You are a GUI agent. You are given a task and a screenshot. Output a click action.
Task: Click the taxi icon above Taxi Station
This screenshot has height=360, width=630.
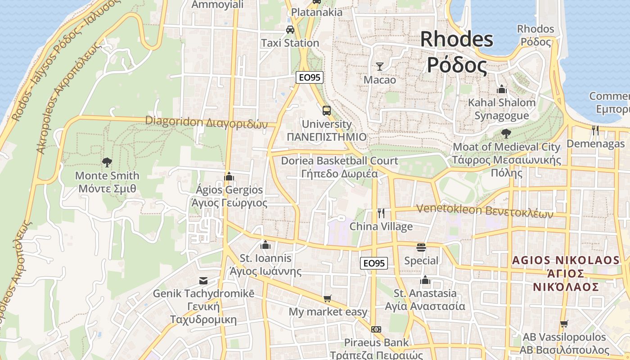[290, 30]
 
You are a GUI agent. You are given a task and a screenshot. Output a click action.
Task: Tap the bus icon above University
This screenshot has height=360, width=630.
[327, 110]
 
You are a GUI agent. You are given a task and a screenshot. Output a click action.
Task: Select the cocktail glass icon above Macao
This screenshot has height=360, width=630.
[380, 67]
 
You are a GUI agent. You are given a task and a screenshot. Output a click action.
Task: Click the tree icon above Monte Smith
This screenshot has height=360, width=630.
[107, 162]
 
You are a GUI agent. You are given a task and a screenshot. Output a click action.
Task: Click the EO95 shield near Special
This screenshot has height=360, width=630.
[374, 263]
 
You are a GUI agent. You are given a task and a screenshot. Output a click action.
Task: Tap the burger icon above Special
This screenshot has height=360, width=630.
[421, 247]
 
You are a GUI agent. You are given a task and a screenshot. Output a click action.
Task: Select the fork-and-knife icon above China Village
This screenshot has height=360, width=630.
[381, 213]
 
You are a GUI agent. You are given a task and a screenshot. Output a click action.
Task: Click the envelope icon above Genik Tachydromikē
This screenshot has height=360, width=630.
[203, 281]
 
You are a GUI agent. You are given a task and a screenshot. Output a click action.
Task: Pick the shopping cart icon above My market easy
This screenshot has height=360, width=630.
[327, 298]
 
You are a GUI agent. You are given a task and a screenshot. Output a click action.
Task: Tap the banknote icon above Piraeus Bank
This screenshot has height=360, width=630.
[376, 329]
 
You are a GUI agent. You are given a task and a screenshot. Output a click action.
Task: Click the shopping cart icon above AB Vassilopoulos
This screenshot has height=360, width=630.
[564, 324]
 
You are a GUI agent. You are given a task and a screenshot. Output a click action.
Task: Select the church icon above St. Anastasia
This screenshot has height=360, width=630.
[425, 280]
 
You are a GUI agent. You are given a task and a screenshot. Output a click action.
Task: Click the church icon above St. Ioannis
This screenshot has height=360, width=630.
[265, 245]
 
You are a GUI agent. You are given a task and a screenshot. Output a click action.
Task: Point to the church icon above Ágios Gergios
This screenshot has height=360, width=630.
[229, 176]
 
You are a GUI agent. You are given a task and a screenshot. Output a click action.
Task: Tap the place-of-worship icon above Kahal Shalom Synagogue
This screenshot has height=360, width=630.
[502, 89]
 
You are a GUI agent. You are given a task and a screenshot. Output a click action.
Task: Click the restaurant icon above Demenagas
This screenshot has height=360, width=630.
[595, 130]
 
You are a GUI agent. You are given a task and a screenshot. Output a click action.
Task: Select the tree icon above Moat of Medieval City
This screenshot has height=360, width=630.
[506, 133]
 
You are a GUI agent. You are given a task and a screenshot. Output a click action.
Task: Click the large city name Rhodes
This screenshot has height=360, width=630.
[456, 40]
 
